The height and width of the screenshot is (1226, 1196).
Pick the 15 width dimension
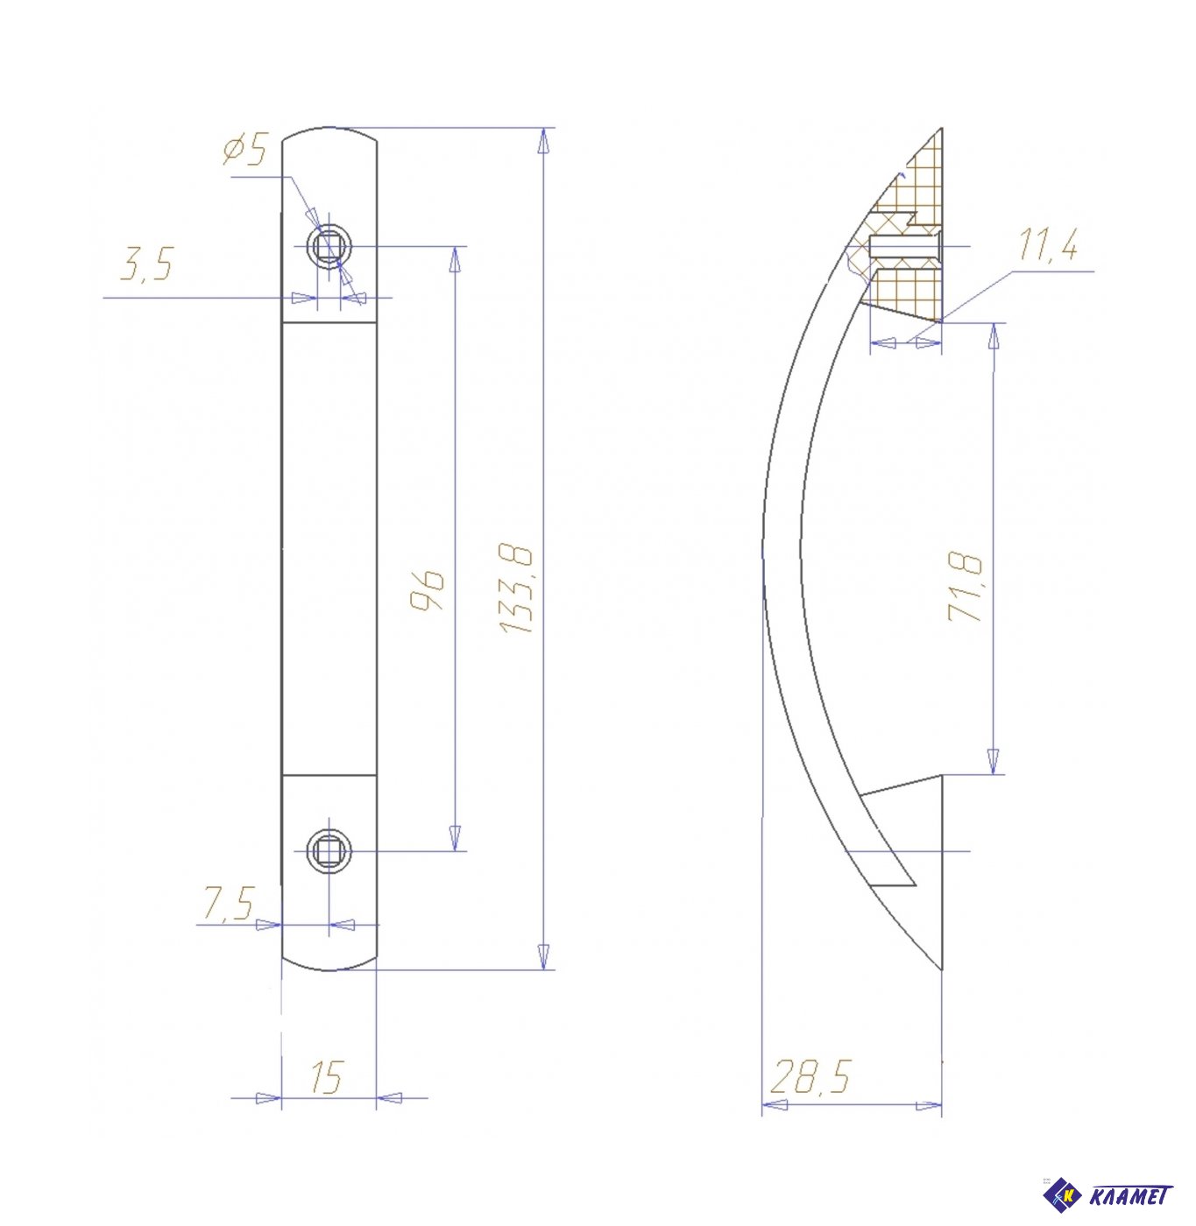[327, 1076]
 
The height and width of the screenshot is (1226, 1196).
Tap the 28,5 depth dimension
[810, 1076]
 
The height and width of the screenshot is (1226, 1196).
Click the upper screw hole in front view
[329, 245]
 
